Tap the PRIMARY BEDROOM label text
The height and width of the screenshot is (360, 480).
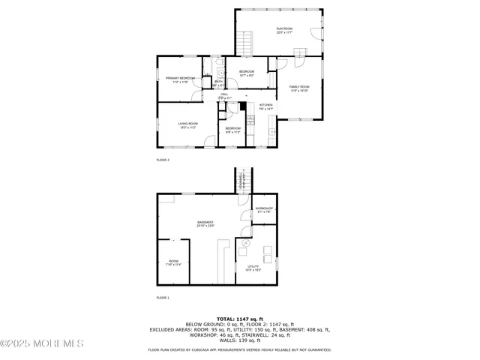point(180,79)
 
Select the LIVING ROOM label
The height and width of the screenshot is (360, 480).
point(187,124)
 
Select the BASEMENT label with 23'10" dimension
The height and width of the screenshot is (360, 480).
point(205,223)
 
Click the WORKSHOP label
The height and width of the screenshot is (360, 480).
point(264,209)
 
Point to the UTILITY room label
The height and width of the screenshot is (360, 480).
point(253,267)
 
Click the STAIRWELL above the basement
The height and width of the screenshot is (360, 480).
point(241,180)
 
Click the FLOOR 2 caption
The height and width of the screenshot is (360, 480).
point(163,160)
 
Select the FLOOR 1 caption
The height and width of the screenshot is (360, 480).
point(163,298)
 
